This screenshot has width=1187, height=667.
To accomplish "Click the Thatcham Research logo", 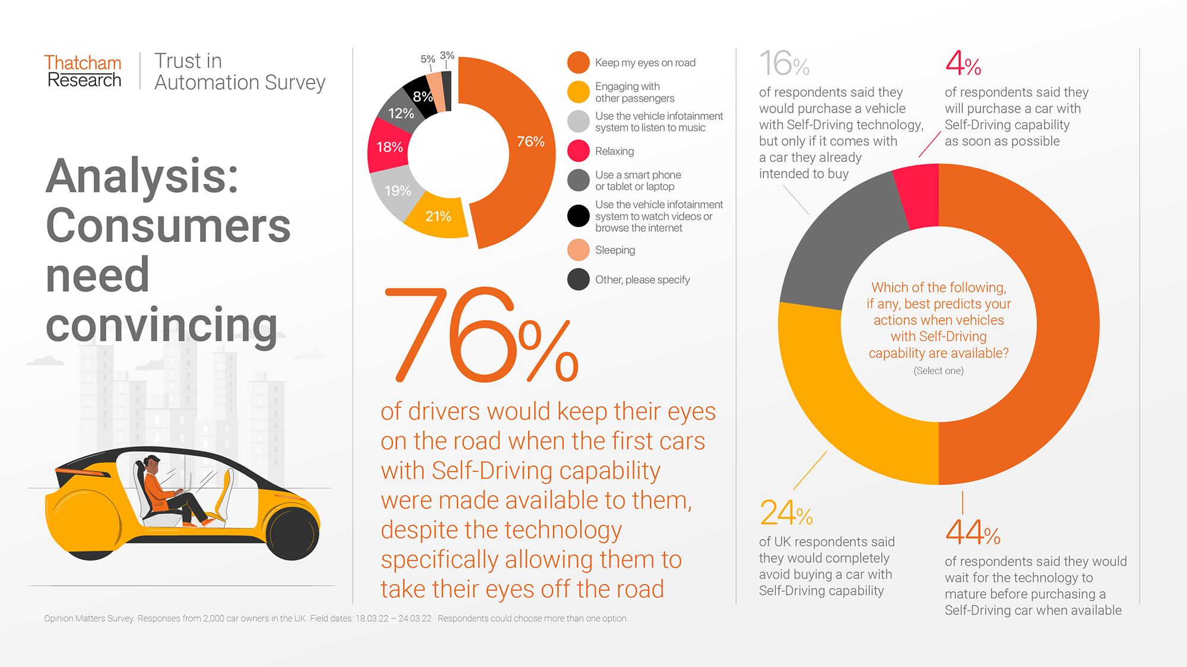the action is tap(82, 71).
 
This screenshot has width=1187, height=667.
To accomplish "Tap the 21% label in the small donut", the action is tap(438, 216).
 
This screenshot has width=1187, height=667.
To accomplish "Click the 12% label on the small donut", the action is tap(401, 113).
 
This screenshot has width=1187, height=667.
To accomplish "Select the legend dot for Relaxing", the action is tap(578, 151).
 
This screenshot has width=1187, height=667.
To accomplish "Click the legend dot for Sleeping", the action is tap(578, 250).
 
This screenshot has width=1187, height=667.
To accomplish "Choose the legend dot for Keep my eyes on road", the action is tap(578, 62).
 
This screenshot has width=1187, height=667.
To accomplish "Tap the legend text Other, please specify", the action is tap(642, 280).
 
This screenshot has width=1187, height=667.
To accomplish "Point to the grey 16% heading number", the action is tap(784, 63).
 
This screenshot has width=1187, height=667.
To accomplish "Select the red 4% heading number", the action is tap(963, 63).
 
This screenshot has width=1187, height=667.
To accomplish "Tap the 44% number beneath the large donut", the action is tap(973, 532).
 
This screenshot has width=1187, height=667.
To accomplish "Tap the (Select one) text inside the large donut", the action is tap(938, 371).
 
